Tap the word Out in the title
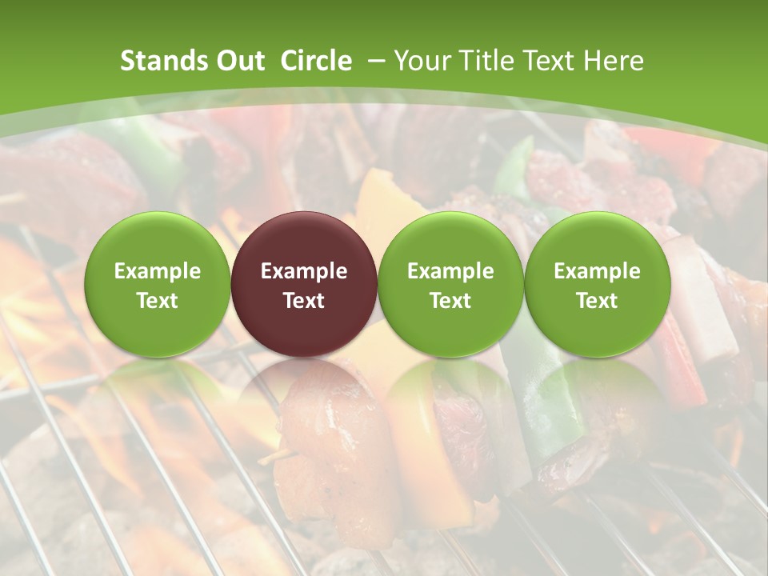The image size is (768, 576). coord(238,61)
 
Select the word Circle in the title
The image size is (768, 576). coord(316,61)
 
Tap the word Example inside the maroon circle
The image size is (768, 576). coord(304,271)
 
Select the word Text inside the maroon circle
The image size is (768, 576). coord(304,301)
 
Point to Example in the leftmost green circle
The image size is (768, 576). coord(157,271)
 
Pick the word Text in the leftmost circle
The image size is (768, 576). coord(157,301)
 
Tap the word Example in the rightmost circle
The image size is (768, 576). coord(598,271)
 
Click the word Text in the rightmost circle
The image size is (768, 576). coord(598,301)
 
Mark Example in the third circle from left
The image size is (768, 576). coord(450,271)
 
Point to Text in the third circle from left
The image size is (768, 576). coord(450,301)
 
